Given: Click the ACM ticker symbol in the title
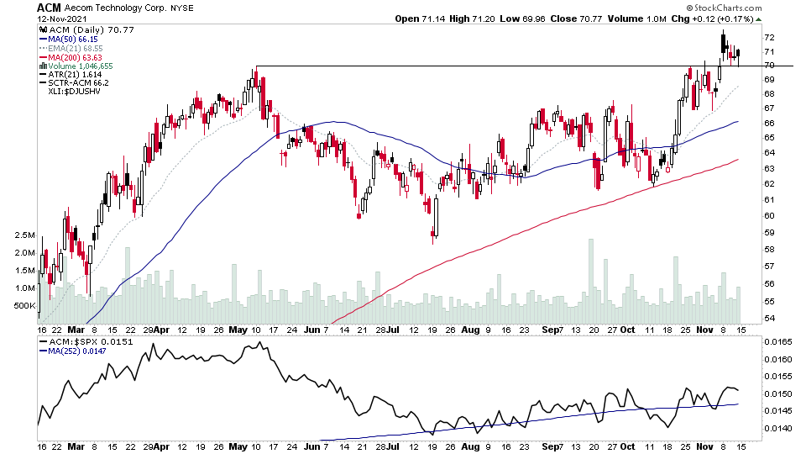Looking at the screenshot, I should coord(48,8).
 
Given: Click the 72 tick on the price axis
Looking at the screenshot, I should coord(768,38).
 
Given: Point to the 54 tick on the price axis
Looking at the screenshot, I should coord(768,319).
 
